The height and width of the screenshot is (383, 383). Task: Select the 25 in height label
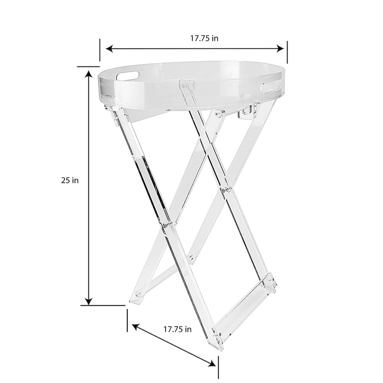[x=69, y=180]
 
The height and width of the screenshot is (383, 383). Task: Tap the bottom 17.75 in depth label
[x=177, y=329]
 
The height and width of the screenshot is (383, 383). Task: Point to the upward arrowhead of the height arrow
[x=89, y=73]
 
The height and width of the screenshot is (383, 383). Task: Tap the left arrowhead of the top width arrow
[x=109, y=48]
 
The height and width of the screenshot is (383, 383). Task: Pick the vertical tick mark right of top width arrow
[x=287, y=52]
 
